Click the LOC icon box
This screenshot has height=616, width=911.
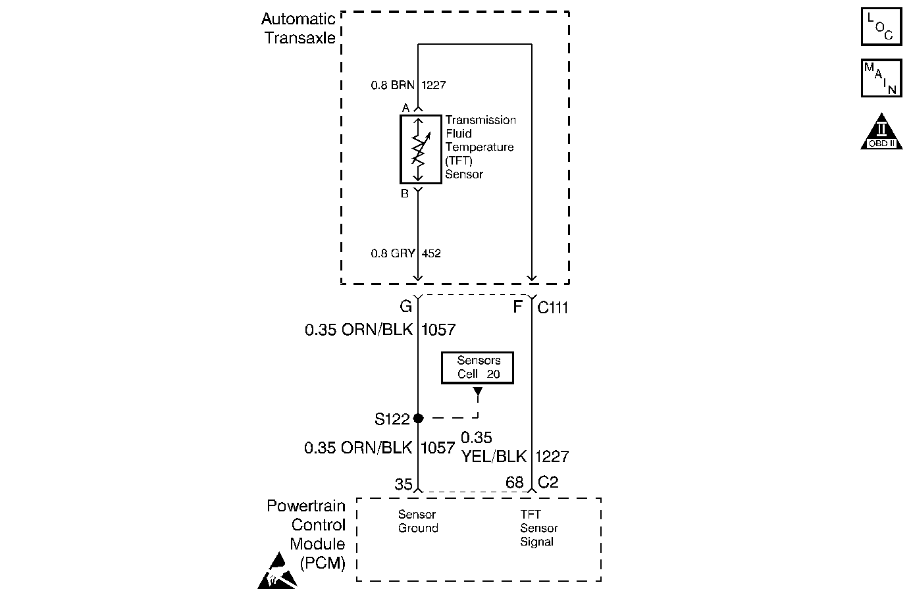pyautogui.click(x=881, y=26)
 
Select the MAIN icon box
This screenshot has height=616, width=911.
pyautogui.click(x=881, y=78)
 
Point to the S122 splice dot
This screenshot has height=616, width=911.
pyautogui.click(x=418, y=418)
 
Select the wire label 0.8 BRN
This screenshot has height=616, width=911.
pyautogui.click(x=393, y=85)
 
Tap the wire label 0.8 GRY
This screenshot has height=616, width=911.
pyautogui.click(x=393, y=253)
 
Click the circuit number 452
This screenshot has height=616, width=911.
pyautogui.click(x=431, y=253)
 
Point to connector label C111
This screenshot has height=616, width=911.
pyautogui.click(x=553, y=307)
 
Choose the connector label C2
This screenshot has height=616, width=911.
pyautogui.click(x=548, y=482)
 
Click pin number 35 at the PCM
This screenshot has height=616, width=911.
pyautogui.click(x=403, y=484)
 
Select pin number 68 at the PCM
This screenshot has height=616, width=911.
pyautogui.click(x=514, y=482)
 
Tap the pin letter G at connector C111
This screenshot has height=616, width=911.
pyautogui.click(x=405, y=307)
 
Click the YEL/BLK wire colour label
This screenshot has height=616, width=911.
pyautogui.click(x=494, y=456)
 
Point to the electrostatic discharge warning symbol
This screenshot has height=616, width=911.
pyautogui.click(x=276, y=571)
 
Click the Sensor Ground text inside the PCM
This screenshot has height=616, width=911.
pyautogui.click(x=418, y=521)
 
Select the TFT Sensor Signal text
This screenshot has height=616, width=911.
pyautogui.click(x=538, y=528)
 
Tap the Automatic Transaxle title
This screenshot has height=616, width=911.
pyautogui.click(x=299, y=28)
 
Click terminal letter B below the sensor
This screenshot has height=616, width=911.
pyautogui.click(x=405, y=193)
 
